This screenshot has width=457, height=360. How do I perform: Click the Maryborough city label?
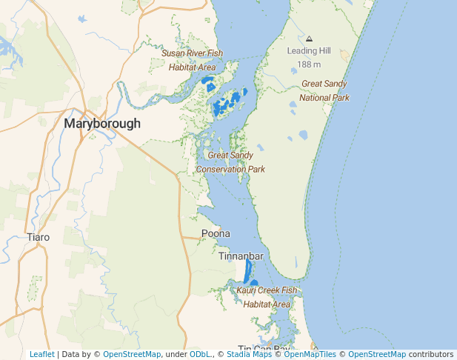click(x=102, y=124)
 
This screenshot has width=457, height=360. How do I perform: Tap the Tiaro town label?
click(x=38, y=237)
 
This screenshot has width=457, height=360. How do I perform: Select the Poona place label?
click(x=216, y=233)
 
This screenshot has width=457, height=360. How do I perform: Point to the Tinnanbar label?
click(x=241, y=256)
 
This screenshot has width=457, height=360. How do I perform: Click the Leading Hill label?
click(x=309, y=50)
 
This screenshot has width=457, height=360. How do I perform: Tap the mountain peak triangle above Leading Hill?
click(x=309, y=39)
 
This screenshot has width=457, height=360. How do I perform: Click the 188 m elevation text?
click(x=309, y=64)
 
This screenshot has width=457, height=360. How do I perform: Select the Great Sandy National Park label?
click(x=324, y=90)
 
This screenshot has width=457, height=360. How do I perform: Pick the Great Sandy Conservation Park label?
click(x=230, y=162)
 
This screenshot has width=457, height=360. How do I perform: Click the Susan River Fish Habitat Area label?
click(x=192, y=60)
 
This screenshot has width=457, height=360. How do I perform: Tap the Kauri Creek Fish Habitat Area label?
click(x=267, y=297)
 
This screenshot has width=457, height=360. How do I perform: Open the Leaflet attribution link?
click(x=41, y=355)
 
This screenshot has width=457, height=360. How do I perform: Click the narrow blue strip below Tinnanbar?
click(x=247, y=271)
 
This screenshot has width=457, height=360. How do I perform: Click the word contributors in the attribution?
click(x=431, y=355)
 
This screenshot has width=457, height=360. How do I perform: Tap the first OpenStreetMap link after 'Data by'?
click(x=132, y=355)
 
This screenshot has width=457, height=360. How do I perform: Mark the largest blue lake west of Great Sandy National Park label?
click(x=303, y=136)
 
